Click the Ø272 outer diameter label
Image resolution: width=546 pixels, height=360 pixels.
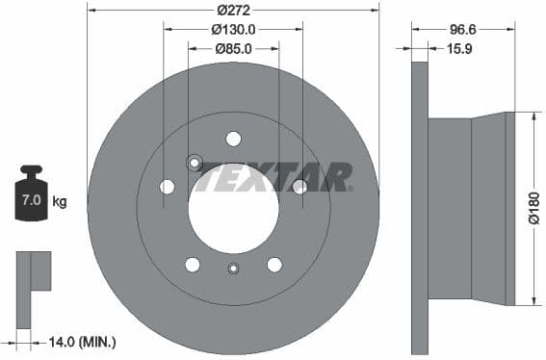(x=232, y=10)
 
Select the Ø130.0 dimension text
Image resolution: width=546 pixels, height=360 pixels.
(x=232, y=30)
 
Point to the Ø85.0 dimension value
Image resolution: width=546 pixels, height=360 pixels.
(x=232, y=49)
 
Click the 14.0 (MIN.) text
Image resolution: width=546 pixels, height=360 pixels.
(x=84, y=341)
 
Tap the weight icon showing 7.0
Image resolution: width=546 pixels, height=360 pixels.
(x=30, y=199)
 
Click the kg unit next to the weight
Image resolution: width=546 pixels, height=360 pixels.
(x=60, y=201)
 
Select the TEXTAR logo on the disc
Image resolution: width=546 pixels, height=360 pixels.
(x=273, y=177)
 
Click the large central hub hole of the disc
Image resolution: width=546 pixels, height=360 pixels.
(x=233, y=210)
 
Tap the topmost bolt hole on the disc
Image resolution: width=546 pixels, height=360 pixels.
(x=233, y=139)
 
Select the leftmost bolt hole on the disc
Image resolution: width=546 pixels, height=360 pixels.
(x=167, y=187)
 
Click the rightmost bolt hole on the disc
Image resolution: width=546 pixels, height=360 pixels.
(x=299, y=187)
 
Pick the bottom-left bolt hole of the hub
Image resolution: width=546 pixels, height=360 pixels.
(x=192, y=265)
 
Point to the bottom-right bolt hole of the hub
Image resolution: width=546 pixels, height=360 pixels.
(x=274, y=265)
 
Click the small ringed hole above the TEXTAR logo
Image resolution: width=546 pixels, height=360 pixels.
(x=195, y=163)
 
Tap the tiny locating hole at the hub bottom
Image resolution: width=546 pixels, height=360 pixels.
(x=232, y=270)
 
